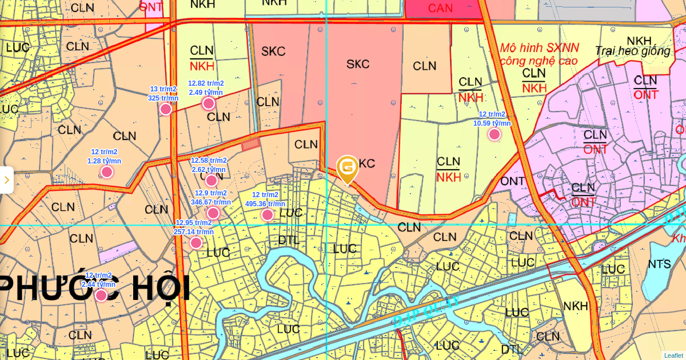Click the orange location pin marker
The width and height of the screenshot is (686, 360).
(x=347, y=169)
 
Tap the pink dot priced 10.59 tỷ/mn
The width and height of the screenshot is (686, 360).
(x=494, y=134)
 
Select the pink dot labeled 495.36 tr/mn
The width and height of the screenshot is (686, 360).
(x=268, y=215)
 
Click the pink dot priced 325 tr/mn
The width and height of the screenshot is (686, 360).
(x=166, y=109)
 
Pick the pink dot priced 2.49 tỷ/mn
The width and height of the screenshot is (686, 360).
(x=209, y=103)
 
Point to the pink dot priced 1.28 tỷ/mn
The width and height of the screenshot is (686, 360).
(x=107, y=172)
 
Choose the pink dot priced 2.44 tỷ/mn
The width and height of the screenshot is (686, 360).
(x=101, y=295)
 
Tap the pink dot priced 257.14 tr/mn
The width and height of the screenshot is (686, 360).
(x=196, y=243)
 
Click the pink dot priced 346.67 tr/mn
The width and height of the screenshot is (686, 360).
(x=213, y=213)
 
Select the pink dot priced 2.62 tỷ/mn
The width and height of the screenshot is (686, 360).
(x=212, y=181)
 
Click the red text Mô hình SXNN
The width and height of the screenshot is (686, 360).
(x=539, y=48)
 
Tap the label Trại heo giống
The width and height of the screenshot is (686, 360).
(x=632, y=51)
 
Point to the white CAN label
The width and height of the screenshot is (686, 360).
(x=440, y=8)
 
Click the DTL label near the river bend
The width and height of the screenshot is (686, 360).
(x=289, y=240)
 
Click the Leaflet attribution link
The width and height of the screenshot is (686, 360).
(x=673, y=355)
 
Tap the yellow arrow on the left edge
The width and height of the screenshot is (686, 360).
(x=6, y=180)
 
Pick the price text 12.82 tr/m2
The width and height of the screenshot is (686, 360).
(x=206, y=83)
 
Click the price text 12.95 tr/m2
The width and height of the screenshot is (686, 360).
(x=193, y=223)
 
